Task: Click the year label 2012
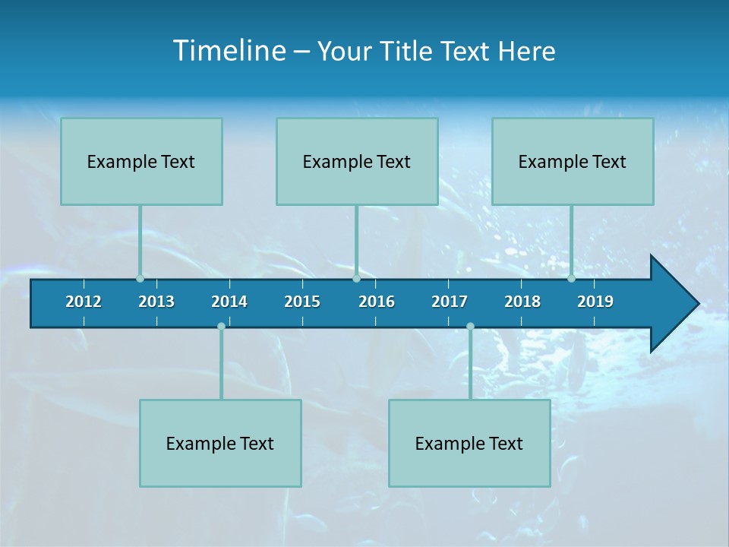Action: click(x=84, y=302)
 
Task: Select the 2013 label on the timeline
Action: click(x=156, y=302)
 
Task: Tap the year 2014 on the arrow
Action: click(x=229, y=302)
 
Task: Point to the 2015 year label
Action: click(x=302, y=302)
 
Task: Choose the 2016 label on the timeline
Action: click(x=377, y=302)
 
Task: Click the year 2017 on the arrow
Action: click(x=450, y=302)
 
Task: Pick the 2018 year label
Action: click(x=522, y=302)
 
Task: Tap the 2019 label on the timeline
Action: click(x=595, y=302)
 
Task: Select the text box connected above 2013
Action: click(x=141, y=162)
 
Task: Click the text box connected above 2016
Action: click(x=357, y=162)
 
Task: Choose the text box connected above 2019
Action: click(x=573, y=162)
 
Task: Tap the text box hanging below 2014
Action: click(x=220, y=443)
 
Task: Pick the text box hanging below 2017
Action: click(x=469, y=443)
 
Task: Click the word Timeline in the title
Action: click(x=229, y=51)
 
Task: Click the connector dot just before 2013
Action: click(x=140, y=278)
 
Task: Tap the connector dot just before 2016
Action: click(x=357, y=278)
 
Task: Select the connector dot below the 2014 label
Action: click(x=221, y=327)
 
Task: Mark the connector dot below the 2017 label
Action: click(x=470, y=327)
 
